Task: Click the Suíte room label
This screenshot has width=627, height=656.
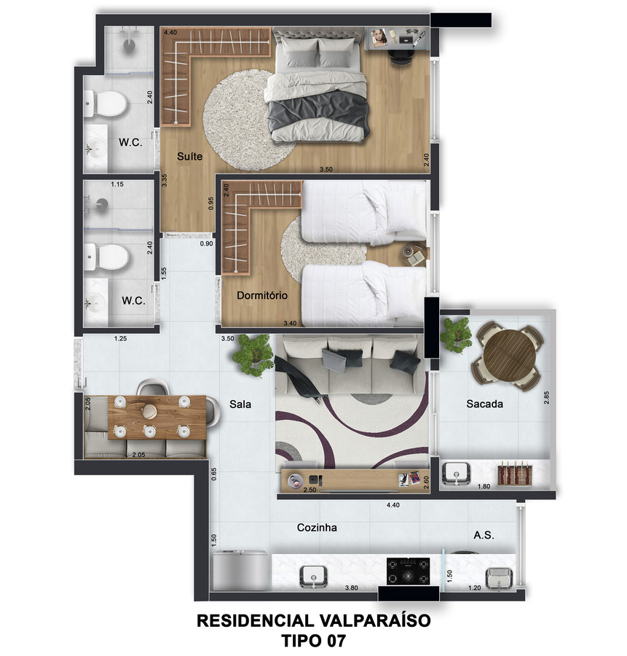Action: pos(189,157)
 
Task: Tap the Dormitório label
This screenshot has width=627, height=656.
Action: pos(262,295)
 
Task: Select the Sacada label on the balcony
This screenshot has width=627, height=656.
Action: pos(484,404)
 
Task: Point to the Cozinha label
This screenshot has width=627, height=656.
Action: pos(317,528)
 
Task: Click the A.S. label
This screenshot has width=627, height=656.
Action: pos(484,535)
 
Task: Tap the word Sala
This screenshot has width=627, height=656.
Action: pos(240,404)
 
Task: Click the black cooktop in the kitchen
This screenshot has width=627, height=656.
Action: pos(408,571)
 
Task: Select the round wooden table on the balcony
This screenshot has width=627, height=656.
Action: pos(510,355)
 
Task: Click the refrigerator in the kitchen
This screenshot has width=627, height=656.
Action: pos(240,571)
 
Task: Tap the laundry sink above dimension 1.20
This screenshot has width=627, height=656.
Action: pos(499,578)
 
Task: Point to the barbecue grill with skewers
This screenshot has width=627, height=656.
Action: pos(514,474)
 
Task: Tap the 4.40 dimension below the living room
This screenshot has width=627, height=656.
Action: pos(393,505)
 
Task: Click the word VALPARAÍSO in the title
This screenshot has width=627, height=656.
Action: pos(374,620)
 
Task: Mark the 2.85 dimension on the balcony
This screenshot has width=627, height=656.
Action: pos(546,397)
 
